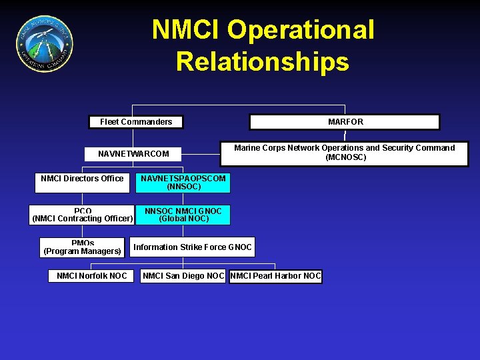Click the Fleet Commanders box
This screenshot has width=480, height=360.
[x=136, y=122]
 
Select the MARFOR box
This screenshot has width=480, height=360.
[x=345, y=122]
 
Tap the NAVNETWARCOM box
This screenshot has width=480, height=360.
[x=133, y=154]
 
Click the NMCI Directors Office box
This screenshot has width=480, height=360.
[x=82, y=182]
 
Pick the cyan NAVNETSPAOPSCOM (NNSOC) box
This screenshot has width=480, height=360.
[x=183, y=183]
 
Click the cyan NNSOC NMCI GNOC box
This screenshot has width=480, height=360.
[x=183, y=215]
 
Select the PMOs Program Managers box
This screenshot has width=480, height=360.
[x=82, y=247]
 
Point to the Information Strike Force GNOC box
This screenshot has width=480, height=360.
[x=193, y=247]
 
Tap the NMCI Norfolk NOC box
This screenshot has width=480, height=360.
[x=91, y=276]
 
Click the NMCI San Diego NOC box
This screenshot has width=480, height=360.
[x=183, y=276]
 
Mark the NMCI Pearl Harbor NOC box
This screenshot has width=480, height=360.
[x=275, y=276]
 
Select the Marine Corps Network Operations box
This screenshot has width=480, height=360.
[x=344, y=153]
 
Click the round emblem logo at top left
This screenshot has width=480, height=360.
[x=45, y=44]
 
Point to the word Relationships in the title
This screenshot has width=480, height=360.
[x=262, y=61]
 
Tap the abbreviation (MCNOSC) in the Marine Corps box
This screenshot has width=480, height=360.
[x=345, y=158]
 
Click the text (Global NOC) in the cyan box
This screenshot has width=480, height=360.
[x=183, y=219]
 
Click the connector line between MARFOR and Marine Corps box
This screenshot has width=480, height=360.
[x=345, y=135]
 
